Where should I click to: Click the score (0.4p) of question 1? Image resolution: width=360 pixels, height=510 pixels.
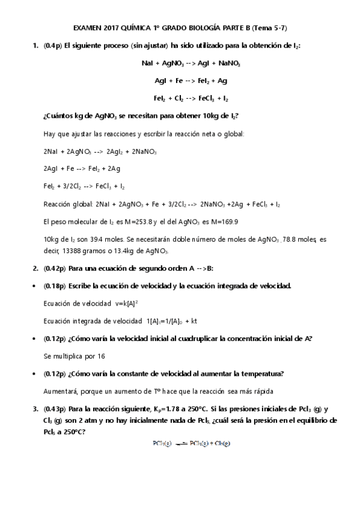click(x=53, y=46)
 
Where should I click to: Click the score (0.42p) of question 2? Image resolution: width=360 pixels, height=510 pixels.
click(x=55, y=268)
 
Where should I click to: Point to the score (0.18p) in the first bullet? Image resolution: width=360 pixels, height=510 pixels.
click(x=55, y=286)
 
